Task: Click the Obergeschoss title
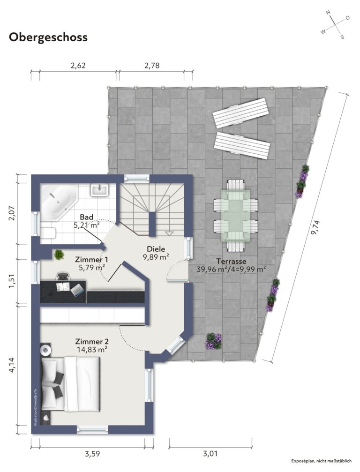tap(48, 37)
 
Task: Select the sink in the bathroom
tap(99, 190)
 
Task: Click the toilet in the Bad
tap(48, 233)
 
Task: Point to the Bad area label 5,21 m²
tap(87, 225)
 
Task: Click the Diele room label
tap(156, 249)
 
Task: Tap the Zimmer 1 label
tap(91, 260)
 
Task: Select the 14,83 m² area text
tap(91, 350)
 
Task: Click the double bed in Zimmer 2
tap(70, 384)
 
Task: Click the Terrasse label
tap(231, 261)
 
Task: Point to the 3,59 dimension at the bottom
tap(92, 454)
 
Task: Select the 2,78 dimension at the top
tap(152, 65)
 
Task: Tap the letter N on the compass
tap(328, 13)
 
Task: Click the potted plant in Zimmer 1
tap(59, 255)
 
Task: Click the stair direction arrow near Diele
tap(169, 233)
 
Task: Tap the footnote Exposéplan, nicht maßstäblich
tap(321, 461)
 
